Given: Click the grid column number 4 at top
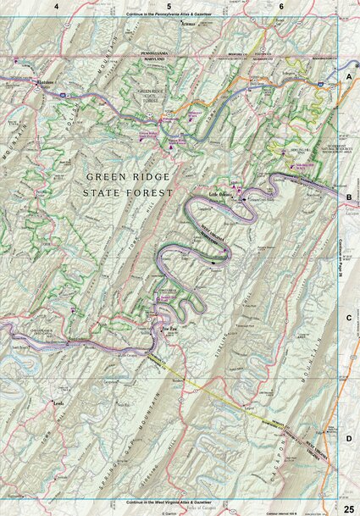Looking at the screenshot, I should (x=56, y=6).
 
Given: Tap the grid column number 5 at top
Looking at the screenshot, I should (x=169, y=6).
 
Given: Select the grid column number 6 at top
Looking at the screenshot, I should (x=281, y=6).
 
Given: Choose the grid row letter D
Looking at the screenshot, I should (x=348, y=438).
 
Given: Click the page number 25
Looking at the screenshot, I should (x=348, y=508).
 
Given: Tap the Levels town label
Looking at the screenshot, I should (x=58, y=405).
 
